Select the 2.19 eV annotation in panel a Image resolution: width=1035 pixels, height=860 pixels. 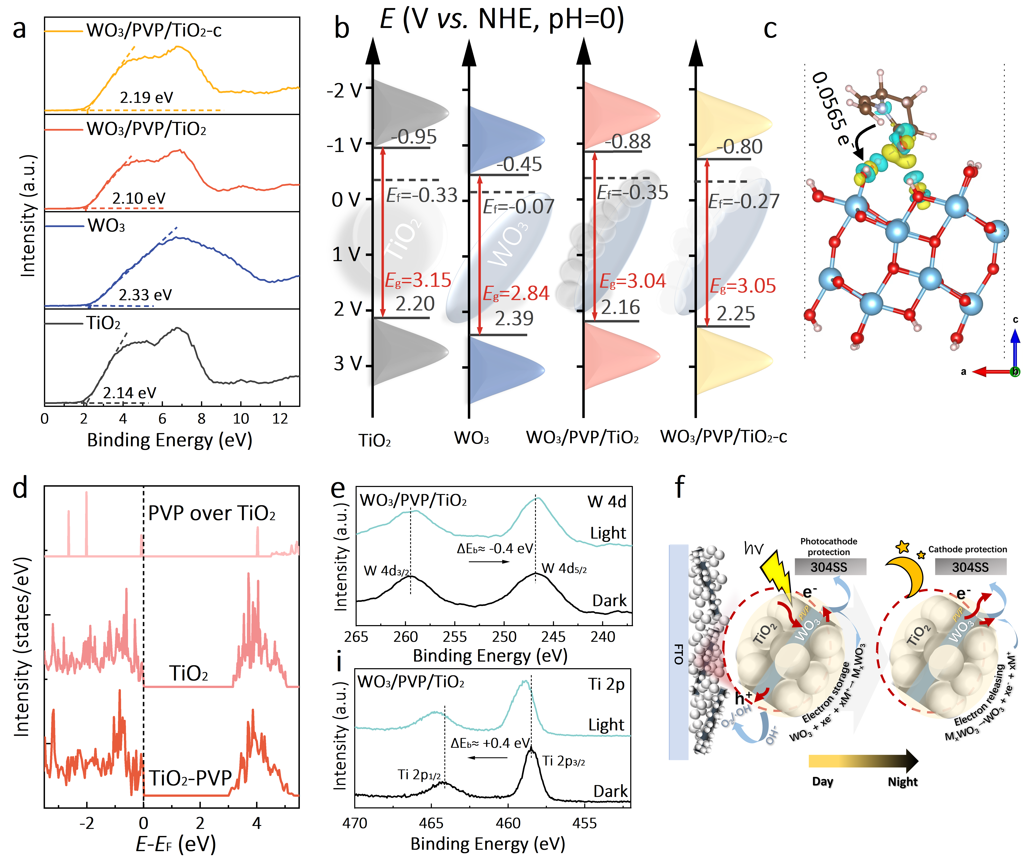tap(146, 97)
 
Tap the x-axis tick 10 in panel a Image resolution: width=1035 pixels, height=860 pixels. tap(241, 419)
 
